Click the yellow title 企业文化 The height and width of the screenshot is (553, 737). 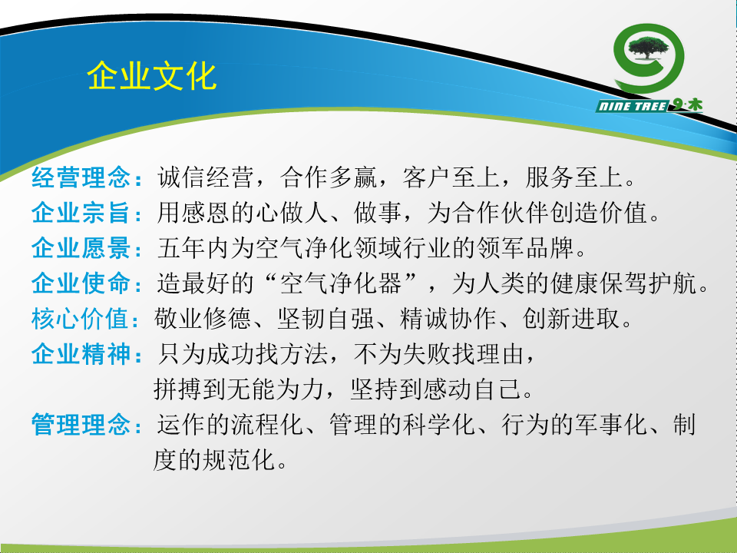point(151,76)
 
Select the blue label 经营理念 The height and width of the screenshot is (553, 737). point(81,177)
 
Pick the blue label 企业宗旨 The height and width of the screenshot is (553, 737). point(81,213)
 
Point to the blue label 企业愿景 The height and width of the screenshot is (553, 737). point(81,248)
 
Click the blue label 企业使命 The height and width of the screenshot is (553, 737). point(81,283)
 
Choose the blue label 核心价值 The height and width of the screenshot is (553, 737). point(81,318)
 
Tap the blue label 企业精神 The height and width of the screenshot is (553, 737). point(81,353)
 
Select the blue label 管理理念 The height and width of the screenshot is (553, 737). point(81,424)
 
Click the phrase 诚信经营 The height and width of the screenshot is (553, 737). point(206,177)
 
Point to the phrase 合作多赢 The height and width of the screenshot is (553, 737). point(329,177)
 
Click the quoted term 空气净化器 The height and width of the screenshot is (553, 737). point(341,283)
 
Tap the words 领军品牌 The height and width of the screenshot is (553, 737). point(525,248)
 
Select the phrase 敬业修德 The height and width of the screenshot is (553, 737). point(203,318)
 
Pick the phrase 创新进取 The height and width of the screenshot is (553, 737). point(570,318)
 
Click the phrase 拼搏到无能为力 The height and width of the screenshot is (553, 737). point(239,389)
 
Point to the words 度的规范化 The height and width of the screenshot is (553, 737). point(214,459)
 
